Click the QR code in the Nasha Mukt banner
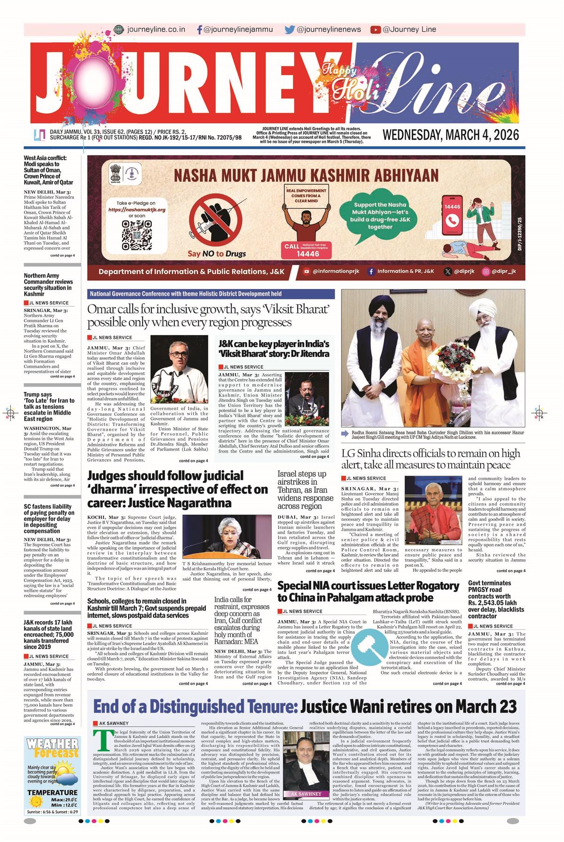click(137, 235)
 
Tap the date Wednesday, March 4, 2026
click(451, 135)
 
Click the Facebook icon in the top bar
click(200, 30)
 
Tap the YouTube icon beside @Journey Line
click(375, 30)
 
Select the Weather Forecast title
click(52, 749)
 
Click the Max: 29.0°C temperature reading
click(64, 800)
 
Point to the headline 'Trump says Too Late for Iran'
click(49, 406)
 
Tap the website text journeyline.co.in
click(156, 30)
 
